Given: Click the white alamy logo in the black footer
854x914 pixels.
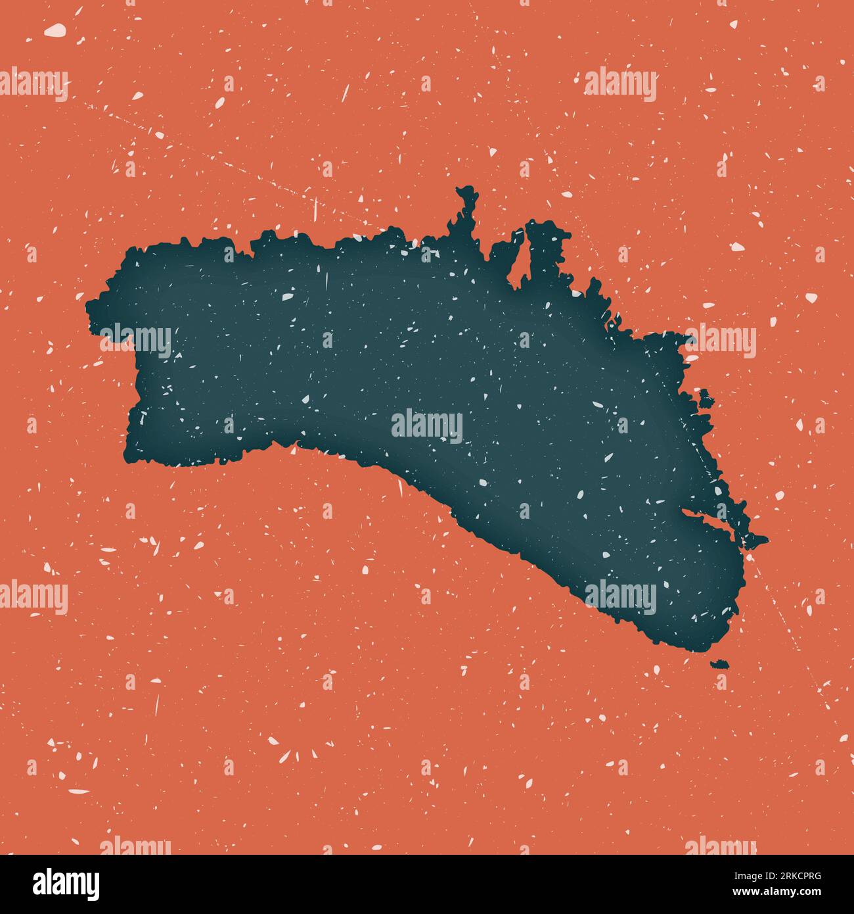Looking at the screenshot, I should pos(66,884).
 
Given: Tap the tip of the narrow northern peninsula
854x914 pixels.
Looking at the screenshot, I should pos(467,193).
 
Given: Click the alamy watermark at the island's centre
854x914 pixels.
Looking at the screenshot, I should pos(427,426).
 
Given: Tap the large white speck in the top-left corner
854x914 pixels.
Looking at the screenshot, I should pos(55,30).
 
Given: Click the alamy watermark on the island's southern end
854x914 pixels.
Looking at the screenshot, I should pos(620,598).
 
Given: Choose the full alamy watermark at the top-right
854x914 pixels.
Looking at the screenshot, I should pos(620,85).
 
